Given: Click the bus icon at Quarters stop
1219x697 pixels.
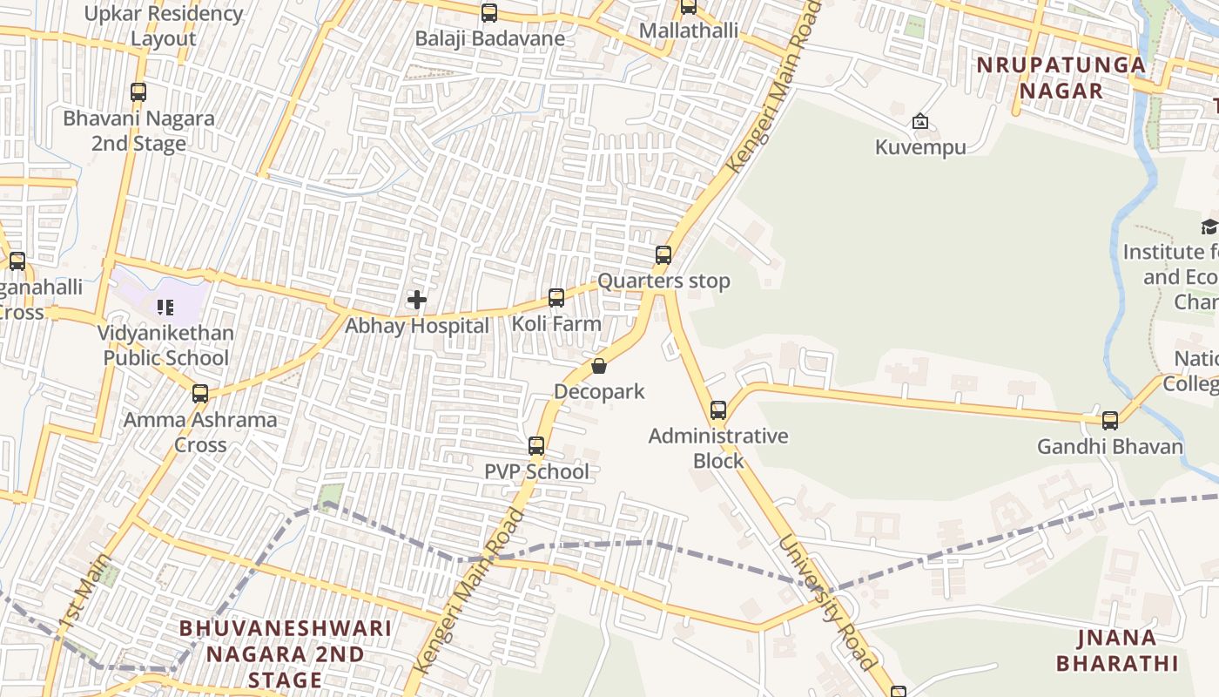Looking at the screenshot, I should click(663, 255).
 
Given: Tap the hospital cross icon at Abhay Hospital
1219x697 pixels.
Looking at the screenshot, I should click(417, 301).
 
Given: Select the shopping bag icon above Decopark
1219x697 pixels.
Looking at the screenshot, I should click(599, 366).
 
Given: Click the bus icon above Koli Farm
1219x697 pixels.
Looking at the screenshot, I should click(556, 298).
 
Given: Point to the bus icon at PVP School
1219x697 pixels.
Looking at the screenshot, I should click(536, 446).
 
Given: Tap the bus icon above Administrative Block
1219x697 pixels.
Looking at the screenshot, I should click(718, 410).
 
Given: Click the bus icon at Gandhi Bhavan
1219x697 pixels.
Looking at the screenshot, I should click(1110, 421).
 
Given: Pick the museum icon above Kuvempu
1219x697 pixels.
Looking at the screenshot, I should click(920, 122).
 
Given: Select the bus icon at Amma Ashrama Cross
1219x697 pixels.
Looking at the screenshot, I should click(200, 394).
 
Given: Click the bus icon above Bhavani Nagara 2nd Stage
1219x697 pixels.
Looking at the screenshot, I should click(138, 92).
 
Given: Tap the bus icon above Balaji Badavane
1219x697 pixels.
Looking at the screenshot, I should click(489, 13).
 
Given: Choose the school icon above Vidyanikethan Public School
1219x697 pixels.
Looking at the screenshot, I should click(165, 307).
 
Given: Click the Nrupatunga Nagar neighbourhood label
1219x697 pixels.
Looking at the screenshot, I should click(1061, 78).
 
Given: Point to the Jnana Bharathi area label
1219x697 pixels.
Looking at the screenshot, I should click(1117, 650).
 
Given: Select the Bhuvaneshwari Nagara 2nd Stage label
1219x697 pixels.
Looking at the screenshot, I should click(286, 653).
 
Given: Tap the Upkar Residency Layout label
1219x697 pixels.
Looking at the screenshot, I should click(164, 26).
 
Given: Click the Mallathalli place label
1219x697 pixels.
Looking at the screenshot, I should click(689, 31).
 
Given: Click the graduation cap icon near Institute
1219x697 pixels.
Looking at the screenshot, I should click(1209, 227).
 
